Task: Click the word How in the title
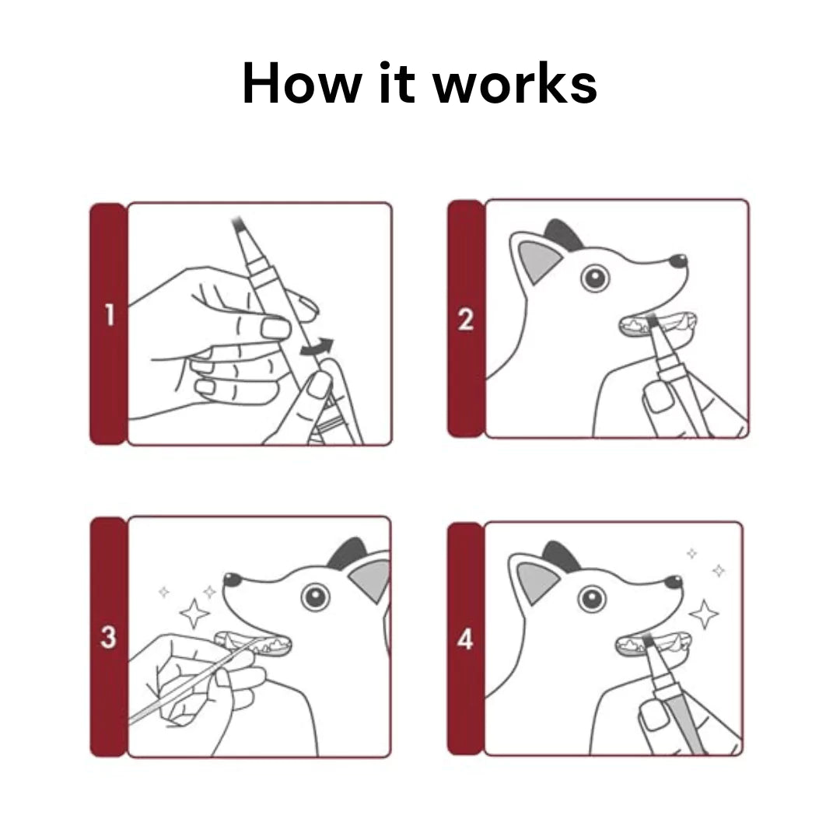tap(302, 83)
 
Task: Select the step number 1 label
tap(110, 314)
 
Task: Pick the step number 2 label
tap(466, 320)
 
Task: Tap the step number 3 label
tap(108, 637)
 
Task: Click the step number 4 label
tap(465, 639)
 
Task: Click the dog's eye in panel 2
tap(595, 278)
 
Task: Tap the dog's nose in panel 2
tap(678, 261)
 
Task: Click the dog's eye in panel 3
tap(315, 597)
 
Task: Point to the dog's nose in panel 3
tap(233, 579)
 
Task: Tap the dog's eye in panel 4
tap(592, 599)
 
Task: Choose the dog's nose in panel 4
tap(674, 582)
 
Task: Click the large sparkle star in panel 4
tap(704, 614)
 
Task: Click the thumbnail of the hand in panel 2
tap(657, 397)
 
